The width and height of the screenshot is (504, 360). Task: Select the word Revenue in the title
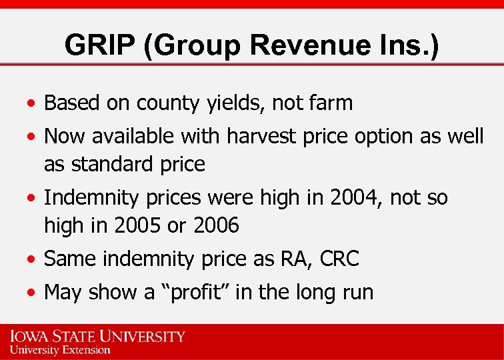[295, 46]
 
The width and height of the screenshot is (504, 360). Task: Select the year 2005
[139, 225]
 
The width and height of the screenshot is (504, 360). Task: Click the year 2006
[215, 225]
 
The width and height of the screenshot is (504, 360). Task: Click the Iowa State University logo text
[97, 335]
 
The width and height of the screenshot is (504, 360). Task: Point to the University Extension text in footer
[60, 349]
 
